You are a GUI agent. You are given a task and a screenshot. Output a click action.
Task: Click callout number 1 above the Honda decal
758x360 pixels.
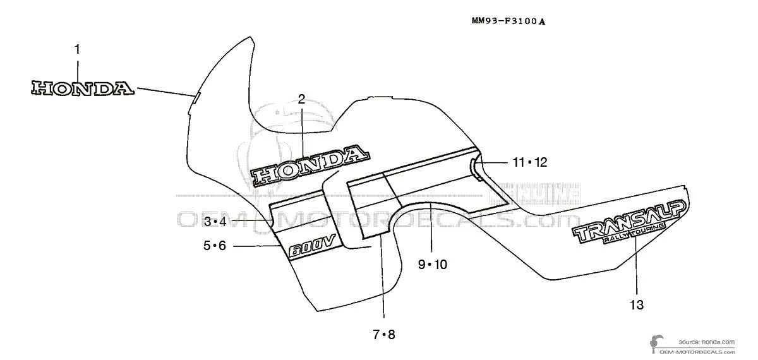click(x=77, y=49)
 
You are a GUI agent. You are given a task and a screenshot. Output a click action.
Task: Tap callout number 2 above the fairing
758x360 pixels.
click(x=301, y=99)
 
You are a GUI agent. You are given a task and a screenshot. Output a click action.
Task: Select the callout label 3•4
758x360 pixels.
click(x=215, y=221)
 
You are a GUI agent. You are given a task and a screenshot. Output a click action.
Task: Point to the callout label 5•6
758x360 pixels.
click(x=214, y=246)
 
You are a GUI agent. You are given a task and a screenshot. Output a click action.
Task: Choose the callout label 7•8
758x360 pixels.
click(x=383, y=335)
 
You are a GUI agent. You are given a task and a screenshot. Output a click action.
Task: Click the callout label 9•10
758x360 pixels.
click(x=432, y=265)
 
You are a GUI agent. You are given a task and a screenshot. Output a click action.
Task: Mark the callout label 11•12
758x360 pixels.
click(x=529, y=162)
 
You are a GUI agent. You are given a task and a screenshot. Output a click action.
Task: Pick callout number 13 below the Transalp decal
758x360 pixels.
click(x=636, y=306)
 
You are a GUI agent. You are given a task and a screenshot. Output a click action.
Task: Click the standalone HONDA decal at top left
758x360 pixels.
click(x=82, y=88)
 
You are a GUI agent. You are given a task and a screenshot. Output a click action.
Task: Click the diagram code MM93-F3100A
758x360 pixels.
click(x=508, y=21)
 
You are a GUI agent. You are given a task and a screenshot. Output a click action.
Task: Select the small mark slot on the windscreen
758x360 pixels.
click(x=196, y=98)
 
